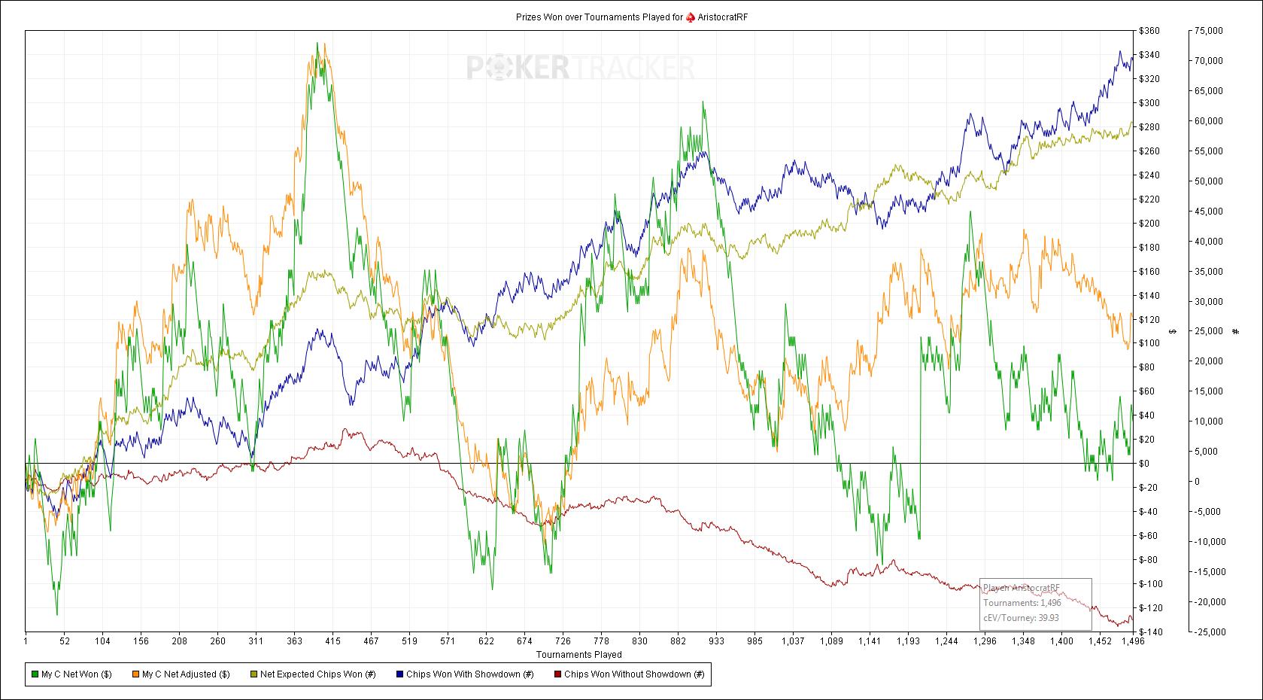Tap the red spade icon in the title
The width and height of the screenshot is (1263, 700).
[x=691, y=17]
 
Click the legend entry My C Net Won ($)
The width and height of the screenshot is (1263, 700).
[x=71, y=674]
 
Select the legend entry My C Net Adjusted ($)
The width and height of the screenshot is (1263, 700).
[x=181, y=674]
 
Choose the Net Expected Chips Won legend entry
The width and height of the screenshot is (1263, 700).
[x=312, y=674]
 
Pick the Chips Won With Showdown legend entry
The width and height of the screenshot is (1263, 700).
[x=464, y=674]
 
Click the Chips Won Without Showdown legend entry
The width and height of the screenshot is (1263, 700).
[x=628, y=674]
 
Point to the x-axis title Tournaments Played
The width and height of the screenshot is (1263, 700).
[x=578, y=655]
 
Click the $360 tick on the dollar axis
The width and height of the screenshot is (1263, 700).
[x=1149, y=31]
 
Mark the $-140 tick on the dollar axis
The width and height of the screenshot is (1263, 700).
[x=1149, y=632]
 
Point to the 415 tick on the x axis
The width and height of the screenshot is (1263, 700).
[x=332, y=642]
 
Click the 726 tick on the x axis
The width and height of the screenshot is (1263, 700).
[x=562, y=642]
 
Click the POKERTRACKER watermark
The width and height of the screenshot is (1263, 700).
[x=580, y=68]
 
